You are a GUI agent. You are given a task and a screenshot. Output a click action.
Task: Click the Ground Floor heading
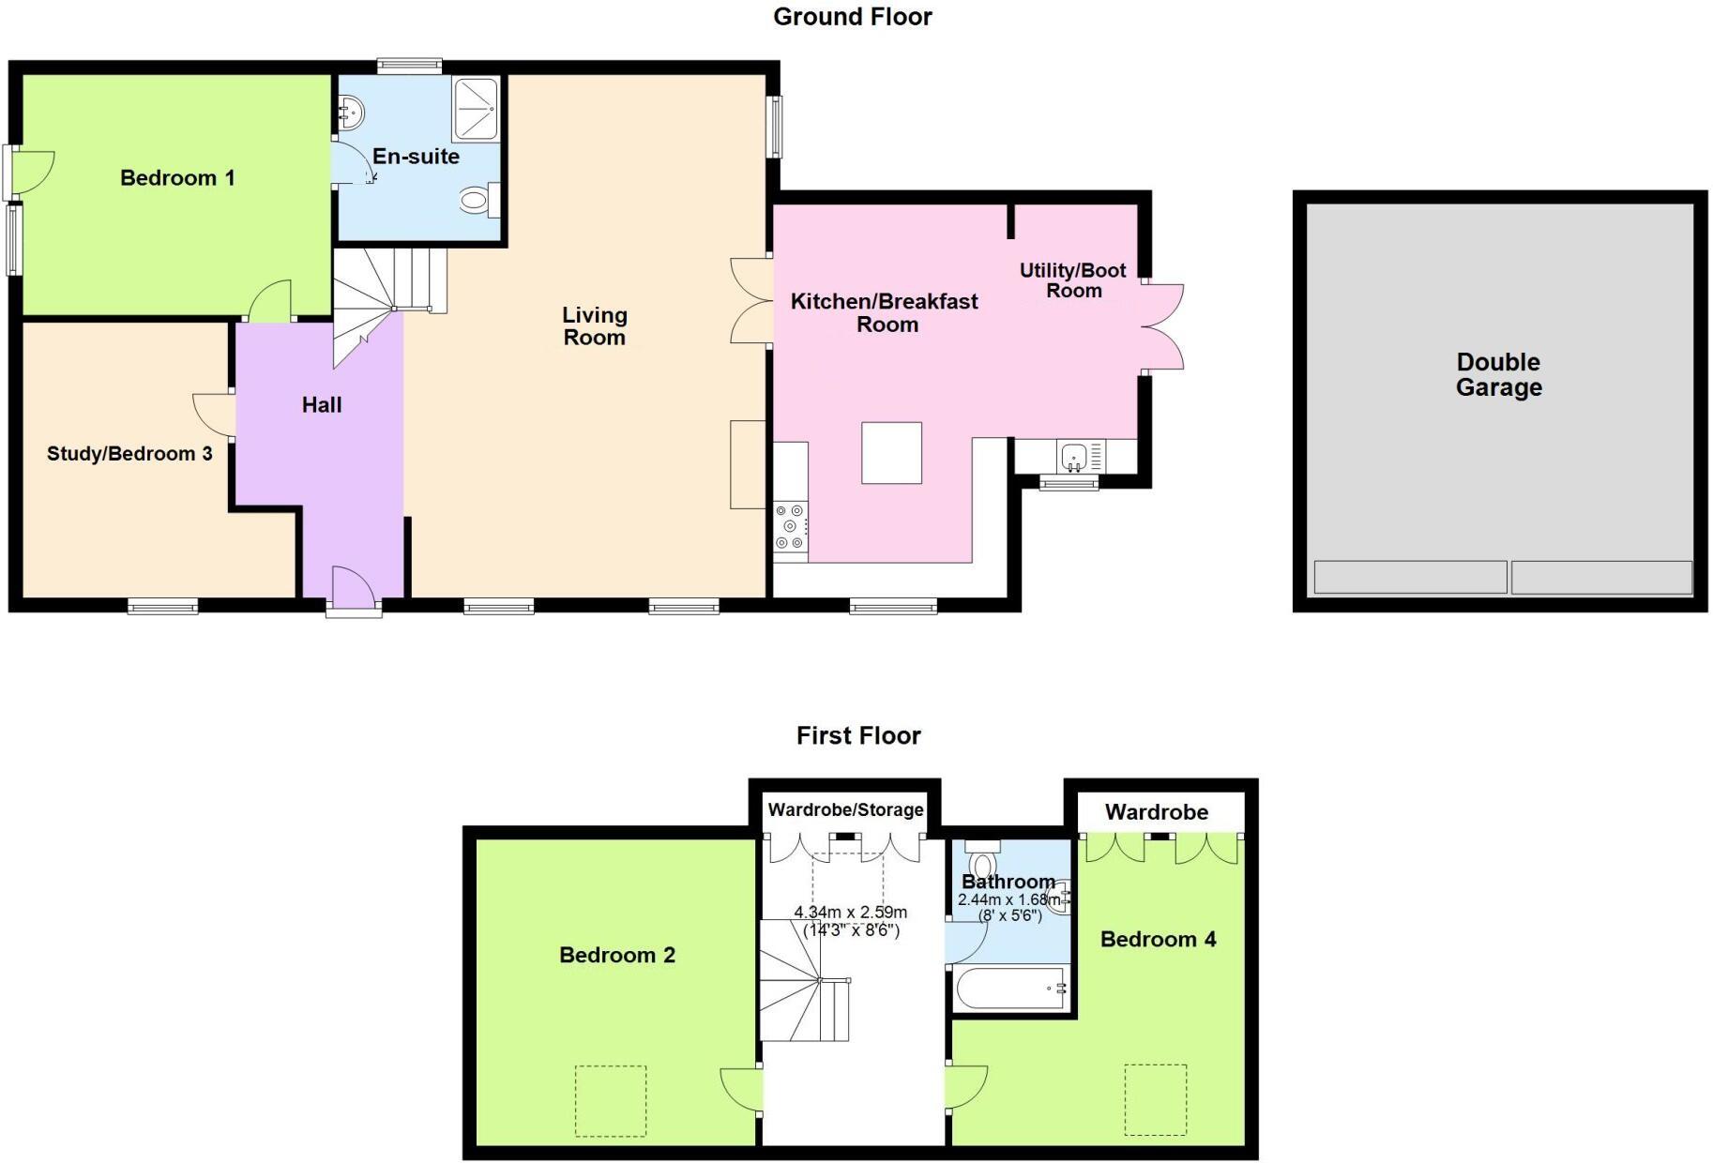(x=852, y=17)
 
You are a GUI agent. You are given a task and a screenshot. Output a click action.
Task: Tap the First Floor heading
(x=857, y=735)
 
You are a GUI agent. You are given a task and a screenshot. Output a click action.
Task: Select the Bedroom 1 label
(x=177, y=178)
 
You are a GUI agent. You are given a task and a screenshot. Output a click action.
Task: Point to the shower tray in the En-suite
(x=476, y=108)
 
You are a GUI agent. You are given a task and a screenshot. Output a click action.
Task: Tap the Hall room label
(x=321, y=405)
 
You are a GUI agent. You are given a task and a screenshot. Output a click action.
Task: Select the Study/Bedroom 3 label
(x=129, y=454)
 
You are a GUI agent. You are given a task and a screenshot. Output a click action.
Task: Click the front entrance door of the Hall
(x=355, y=589)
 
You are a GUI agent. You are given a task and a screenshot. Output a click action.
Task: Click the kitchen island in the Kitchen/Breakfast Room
(x=891, y=452)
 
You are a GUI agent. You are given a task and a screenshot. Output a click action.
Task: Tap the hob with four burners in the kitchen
(x=790, y=527)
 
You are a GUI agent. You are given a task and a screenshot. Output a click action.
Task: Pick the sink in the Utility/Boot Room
(x=1073, y=458)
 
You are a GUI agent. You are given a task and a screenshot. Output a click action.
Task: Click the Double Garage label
(x=1498, y=374)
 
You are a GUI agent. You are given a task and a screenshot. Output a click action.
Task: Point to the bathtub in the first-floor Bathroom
(x=1009, y=989)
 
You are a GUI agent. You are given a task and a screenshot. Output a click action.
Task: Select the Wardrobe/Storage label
(x=845, y=809)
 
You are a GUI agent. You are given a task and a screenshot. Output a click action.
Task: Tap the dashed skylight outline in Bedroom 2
(x=610, y=1100)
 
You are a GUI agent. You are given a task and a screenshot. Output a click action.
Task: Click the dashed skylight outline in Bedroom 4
(x=1156, y=1099)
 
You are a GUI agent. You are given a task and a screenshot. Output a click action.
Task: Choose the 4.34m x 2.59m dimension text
(x=850, y=913)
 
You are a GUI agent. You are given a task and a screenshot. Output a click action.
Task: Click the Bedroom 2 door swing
(x=741, y=1090)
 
